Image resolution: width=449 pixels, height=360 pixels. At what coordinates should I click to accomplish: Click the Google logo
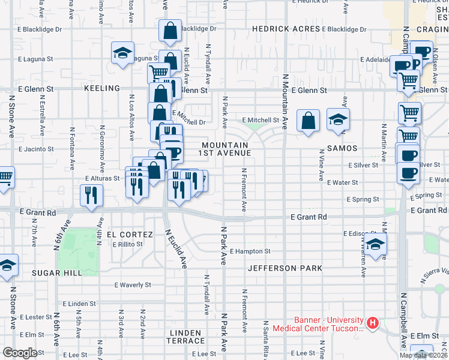pos(20,353)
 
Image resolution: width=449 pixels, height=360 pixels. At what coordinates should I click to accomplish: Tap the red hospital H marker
pos(373,324)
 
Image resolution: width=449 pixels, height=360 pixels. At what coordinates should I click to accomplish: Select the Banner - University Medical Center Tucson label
pos(318,324)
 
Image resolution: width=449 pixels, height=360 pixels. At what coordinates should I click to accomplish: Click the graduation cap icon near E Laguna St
pos(122,53)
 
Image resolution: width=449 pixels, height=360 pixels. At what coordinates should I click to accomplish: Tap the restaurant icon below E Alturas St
pos(91,195)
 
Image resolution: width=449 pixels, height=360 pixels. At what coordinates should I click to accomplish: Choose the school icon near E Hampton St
pos(375,245)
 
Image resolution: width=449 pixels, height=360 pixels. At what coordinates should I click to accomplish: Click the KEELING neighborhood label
pos(102,88)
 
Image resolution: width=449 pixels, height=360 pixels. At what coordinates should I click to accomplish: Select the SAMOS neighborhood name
pos(343,148)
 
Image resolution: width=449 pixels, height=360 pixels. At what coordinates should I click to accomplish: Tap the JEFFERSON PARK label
pos(285,268)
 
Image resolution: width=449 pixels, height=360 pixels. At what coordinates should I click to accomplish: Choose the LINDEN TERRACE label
pos(188,337)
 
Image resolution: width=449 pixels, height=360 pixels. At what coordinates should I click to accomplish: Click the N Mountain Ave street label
pos(285,102)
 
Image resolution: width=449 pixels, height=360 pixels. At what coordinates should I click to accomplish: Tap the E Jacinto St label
pos(37,149)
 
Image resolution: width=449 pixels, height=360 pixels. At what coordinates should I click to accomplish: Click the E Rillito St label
pos(127,244)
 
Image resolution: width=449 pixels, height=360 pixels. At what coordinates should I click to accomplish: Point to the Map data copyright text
pos(423,355)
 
